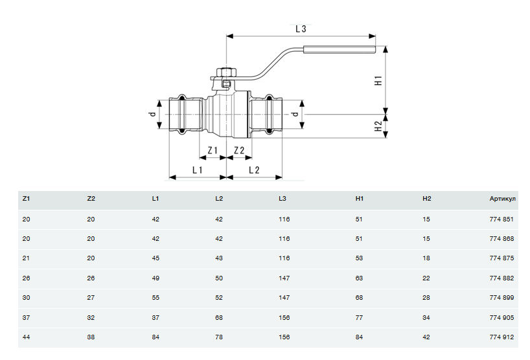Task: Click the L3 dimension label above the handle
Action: [300, 28]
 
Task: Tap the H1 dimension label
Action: [378, 82]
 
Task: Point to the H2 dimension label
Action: [378, 126]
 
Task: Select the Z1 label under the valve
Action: [211, 151]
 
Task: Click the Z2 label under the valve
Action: [238, 151]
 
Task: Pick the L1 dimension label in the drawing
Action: [198, 170]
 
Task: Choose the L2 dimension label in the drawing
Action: [254, 170]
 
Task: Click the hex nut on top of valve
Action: [225, 72]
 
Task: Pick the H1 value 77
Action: [360, 317]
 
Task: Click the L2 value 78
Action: [219, 337]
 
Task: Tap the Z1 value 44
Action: [26, 337]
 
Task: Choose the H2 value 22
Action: [426, 278]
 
